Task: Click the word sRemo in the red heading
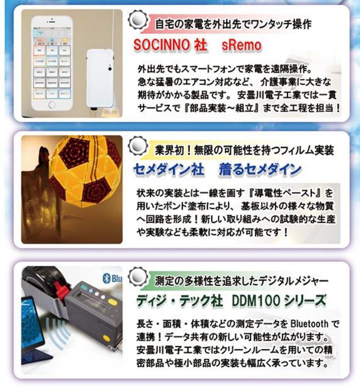pos(242,45)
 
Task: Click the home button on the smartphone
pos(52,104)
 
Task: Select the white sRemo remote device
pos(100,79)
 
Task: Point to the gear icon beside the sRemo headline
pos(138,19)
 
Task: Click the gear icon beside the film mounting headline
pos(138,145)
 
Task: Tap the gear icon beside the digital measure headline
pos(138,276)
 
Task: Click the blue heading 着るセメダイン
pos(260,170)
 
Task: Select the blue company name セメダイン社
pos(169,170)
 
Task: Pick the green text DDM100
pos(256,300)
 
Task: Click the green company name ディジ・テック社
pos(179,300)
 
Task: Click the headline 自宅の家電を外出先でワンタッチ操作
pos(233,24)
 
